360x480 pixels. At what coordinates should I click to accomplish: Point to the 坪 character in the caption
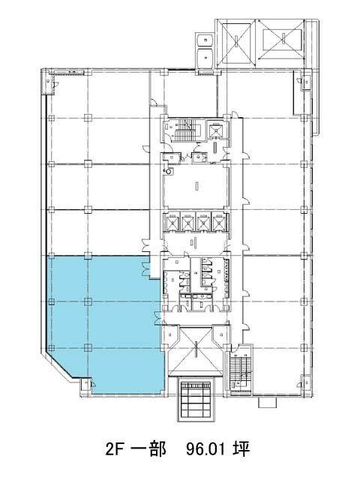241,449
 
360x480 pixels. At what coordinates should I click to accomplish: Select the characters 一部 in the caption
148,449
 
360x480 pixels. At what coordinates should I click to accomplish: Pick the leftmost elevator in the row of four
172,221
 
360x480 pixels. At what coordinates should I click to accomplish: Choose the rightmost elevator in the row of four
218,221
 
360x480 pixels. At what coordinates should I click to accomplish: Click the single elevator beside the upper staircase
216,130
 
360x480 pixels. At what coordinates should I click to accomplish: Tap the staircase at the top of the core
186,130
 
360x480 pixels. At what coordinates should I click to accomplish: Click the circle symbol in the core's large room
169,172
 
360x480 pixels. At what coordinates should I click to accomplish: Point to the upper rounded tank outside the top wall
205,40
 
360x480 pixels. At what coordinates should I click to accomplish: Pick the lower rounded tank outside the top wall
205,57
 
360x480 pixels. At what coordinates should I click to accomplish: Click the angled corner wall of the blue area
61,364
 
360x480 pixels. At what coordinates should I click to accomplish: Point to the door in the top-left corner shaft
54,84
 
